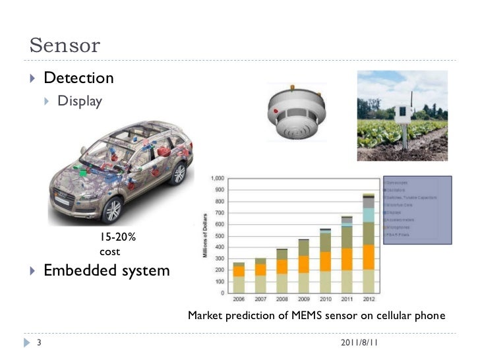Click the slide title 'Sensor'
[x=65, y=45]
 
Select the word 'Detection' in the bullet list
[x=78, y=78]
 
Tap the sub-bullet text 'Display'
[x=80, y=102]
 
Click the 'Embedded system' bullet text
[x=106, y=270]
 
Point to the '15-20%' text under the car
[x=118, y=237]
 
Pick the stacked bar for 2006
[x=239, y=277]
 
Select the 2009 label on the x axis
[x=303, y=299]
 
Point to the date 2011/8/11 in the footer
[x=359, y=344]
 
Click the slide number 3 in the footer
[x=39, y=344]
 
